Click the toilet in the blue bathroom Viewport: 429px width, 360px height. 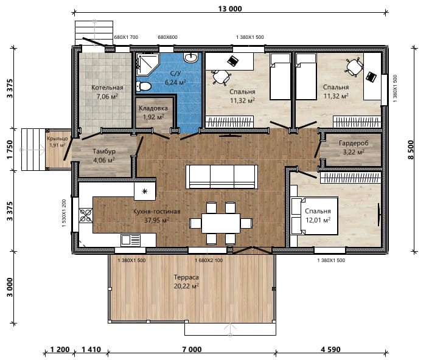tap(143, 86)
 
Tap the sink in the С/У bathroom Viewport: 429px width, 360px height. tap(190, 57)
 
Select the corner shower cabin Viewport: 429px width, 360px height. tap(147, 64)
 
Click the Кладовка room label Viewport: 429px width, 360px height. tap(153, 108)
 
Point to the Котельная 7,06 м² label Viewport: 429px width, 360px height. tap(107, 92)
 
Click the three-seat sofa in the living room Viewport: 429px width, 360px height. tap(222, 176)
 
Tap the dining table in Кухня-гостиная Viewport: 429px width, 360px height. tap(221, 223)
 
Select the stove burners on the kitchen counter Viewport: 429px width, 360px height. tap(86, 215)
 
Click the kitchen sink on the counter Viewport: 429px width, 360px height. tap(130, 240)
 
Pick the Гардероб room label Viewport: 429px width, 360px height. tap(354, 143)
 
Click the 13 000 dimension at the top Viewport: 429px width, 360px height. tap(230, 9)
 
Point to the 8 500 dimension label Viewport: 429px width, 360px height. tap(411, 150)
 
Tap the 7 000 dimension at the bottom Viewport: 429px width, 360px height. tap(192, 349)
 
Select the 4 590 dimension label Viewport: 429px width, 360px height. tap(330, 349)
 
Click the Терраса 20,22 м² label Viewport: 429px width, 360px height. tap(186, 282)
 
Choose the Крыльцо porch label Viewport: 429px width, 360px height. tap(57, 138)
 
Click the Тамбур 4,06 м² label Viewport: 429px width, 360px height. tap(104, 156)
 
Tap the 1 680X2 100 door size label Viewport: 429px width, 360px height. tap(209, 260)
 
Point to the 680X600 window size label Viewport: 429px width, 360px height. tap(167, 37)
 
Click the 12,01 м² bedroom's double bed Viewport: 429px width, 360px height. tap(315, 216)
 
